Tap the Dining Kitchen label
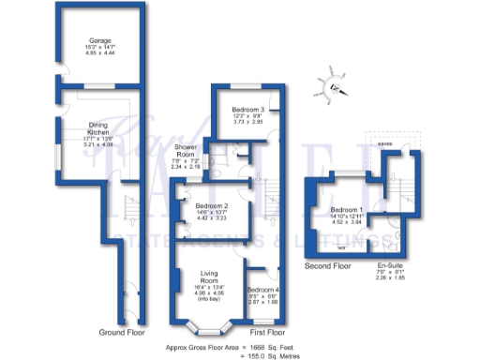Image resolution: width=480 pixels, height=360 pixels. point(101,127)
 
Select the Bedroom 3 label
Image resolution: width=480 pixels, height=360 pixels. point(247,110)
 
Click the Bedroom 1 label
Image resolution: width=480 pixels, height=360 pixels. point(348,209)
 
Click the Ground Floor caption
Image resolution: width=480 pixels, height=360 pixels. point(123,333)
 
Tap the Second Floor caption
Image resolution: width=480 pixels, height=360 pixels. point(327,266)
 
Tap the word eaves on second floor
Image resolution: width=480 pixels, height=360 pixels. point(385,143)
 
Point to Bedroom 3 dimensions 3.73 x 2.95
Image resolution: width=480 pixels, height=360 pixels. point(247,122)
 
